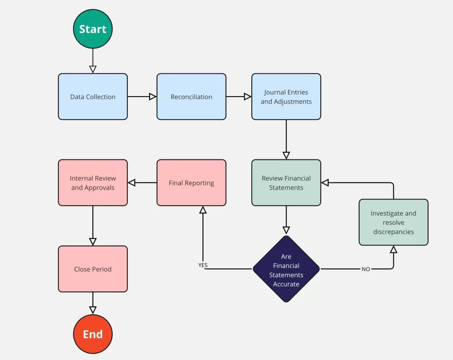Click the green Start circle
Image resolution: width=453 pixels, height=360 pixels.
tap(93, 29)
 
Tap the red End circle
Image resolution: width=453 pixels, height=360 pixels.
tap(93, 334)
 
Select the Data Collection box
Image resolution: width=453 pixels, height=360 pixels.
tap(93, 97)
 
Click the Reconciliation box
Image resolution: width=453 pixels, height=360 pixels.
tap(191, 97)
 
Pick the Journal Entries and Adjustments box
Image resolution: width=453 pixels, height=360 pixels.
tap(286, 97)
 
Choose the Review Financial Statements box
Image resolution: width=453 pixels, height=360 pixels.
tap(286, 182)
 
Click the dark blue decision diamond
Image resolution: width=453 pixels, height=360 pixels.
tap(286, 269)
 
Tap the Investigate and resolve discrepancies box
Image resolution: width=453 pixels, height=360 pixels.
tap(393, 222)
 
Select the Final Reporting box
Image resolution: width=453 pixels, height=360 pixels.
tap(191, 182)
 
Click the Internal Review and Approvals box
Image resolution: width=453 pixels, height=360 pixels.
tap(93, 182)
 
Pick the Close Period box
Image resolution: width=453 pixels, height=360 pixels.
tap(93, 269)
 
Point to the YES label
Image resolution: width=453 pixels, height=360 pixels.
tap(203, 265)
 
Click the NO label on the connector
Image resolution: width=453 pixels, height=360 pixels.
tap(366, 269)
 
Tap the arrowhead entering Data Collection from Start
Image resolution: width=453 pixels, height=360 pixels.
tap(93, 69)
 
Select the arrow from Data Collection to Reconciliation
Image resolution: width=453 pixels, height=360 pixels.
tap(142, 97)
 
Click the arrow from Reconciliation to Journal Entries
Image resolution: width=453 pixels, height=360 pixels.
tap(239, 97)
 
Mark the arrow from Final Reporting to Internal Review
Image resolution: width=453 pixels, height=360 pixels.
tap(142, 182)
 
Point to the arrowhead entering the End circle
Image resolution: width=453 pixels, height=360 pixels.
tap(93, 310)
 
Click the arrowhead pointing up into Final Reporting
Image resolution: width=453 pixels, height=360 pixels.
tap(203, 210)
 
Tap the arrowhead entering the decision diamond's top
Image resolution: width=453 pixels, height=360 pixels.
tap(286, 230)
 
